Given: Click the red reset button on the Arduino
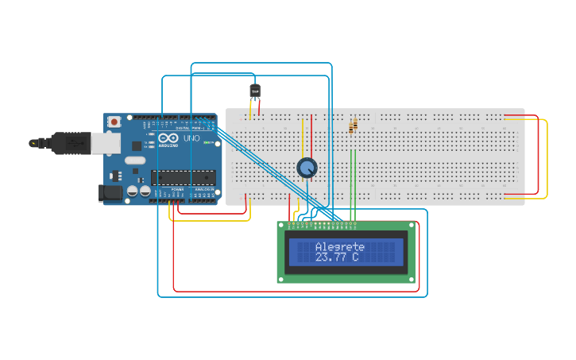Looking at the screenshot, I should [114, 122].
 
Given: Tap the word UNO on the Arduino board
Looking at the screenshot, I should [191, 138].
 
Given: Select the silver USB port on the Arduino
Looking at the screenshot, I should [104, 142].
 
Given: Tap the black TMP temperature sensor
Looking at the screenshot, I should [255, 91].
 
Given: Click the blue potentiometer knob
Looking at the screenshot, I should [307, 168].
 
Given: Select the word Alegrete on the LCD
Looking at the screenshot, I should [339, 246].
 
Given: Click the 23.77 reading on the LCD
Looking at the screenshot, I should [331, 257].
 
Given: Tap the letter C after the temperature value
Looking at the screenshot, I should [355, 257].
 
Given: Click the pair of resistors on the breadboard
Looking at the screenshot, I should [353, 126].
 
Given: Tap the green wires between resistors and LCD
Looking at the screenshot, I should [353, 187].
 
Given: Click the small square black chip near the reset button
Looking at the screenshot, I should [137, 145].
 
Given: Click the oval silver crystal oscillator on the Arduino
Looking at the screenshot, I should [135, 161].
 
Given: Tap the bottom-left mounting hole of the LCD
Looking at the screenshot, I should [281, 278].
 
